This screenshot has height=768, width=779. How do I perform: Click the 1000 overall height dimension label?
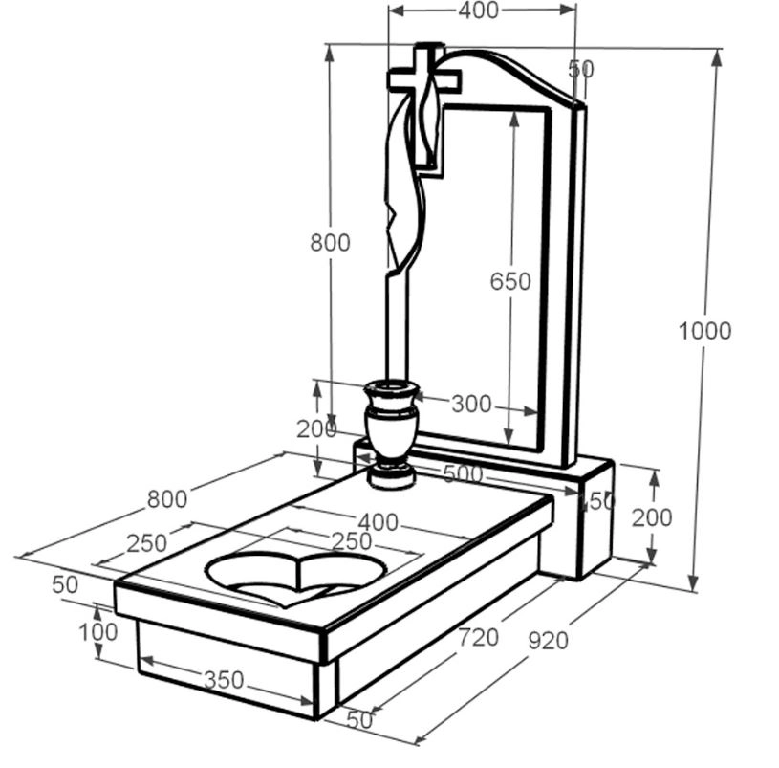pyautogui.click(x=704, y=331)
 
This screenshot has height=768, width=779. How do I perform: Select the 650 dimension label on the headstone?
pyautogui.click(x=510, y=282)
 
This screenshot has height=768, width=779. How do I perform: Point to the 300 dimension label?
pyautogui.click(x=471, y=405)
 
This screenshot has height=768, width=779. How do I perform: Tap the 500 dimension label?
pyautogui.click(x=463, y=473)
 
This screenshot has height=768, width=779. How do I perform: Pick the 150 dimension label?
pyautogui.click(x=597, y=501)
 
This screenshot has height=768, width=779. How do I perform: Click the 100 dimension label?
pyautogui.click(x=97, y=632)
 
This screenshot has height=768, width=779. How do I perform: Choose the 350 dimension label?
pyautogui.click(x=224, y=680)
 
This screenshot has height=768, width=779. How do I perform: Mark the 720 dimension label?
pyautogui.click(x=478, y=638)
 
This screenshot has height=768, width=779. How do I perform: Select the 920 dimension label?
pyautogui.click(x=548, y=641)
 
